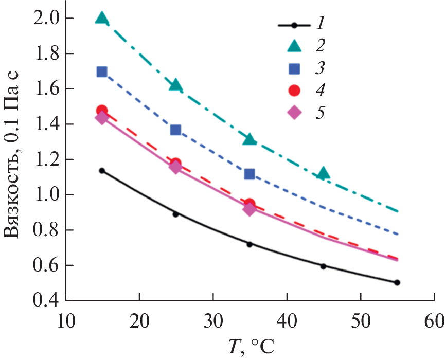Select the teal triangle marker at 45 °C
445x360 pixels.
(323, 173)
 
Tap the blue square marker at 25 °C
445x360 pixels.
(175, 130)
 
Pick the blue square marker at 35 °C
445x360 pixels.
(250, 174)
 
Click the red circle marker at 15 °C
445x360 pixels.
(102, 111)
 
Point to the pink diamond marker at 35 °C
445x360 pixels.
(250, 209)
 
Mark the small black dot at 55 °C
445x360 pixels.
(397, 282)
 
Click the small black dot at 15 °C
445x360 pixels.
(102, 170)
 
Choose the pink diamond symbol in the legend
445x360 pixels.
(294, 113)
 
